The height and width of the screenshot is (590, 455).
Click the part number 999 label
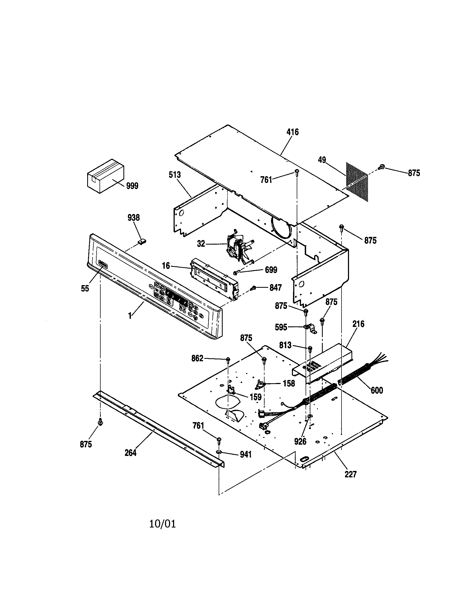[x=132, y=186]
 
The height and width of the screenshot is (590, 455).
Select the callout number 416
[x=292, y=132]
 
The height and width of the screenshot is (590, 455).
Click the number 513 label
[x=175, y=175]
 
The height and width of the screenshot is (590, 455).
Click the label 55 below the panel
[x=85, y=289]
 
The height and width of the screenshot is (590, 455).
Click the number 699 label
[x=271, y=270]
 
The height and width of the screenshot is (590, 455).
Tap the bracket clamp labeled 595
[x=310, y=329]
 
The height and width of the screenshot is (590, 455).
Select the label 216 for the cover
[x=358, y=324]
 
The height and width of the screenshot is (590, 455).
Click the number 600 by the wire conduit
[x=377, y=390]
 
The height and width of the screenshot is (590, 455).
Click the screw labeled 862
[x=228, y=359]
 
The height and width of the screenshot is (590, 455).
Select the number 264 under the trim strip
[x=130, y=453]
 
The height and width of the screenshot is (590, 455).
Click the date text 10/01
[x=162, y=524]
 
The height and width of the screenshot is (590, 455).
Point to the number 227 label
[x=350, y=474]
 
